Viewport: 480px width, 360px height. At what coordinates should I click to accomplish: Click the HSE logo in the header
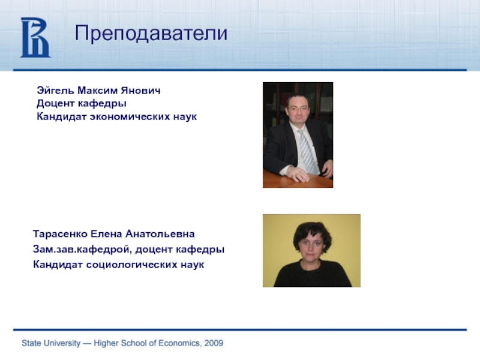click(35, 37)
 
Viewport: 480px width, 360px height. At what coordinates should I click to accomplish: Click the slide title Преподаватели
click(151, 33)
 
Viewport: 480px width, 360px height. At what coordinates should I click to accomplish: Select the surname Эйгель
click(55, 91)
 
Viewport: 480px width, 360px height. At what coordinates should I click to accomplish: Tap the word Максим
click(97, 91)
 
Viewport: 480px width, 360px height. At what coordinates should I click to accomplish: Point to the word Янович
click(140, 91)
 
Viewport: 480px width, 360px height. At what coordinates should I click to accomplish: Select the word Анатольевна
click(160, 234)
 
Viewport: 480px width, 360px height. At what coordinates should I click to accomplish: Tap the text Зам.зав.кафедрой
click(83, 250)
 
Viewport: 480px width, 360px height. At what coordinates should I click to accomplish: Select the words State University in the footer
click(51, 343)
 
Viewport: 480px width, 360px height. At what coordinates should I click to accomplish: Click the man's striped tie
click(307, 152)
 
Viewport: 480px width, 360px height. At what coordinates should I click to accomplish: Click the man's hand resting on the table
click(298, 174)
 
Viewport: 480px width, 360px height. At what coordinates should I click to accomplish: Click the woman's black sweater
click(312, 275)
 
